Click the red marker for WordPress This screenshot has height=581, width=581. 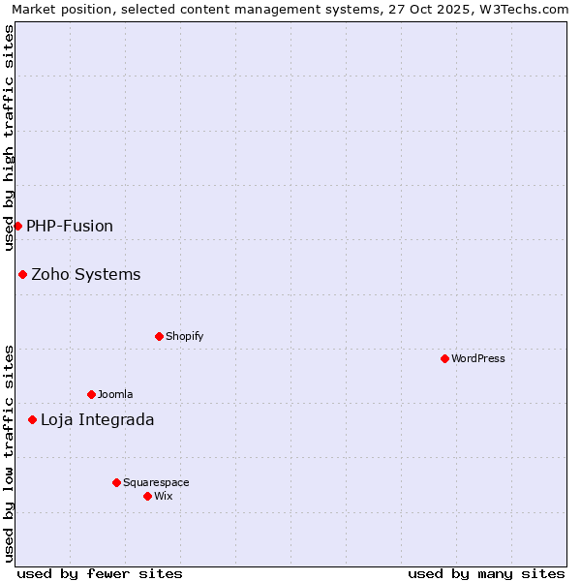pyautogui.click(x=444, y=358)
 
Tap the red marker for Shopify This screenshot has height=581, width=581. pyautogui.click(x=159, y=336)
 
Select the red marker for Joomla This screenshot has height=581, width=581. pyautogui.click(x=91, y=394)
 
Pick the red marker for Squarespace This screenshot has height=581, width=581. pyautogui.click(x=116, y=482)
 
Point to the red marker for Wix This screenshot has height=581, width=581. pyautogui.click(x=147, y=496)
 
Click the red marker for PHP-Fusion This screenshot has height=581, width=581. pyautogui.click(x=17, y=226)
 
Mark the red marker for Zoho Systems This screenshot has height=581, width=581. pyautogui.click(x=22, y=274)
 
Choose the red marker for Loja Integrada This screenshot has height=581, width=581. pyautogui.click(x=32, y=419)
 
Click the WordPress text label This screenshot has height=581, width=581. pyautogui.click(x=478, y=358)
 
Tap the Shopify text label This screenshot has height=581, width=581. pyautogui.click(x=184, y=336)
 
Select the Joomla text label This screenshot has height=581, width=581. pyautogui.click(x=115, y=394)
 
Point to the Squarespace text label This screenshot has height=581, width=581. pyautogui.click(x=156, y=482)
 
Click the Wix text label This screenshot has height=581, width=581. pyautogui.click(x=163, y=496)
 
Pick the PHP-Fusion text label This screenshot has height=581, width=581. pyautogui.click(x=70, y=226)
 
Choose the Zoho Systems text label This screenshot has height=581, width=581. pyautogui.click(x=86, y=274)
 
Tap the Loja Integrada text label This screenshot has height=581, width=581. pyautogui.click(x=97, y=419)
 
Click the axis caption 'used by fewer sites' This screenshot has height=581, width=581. pyautogui.click(x=100, y=573)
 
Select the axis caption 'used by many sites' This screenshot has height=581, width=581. pyautogui.click(x=486, y=573)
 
